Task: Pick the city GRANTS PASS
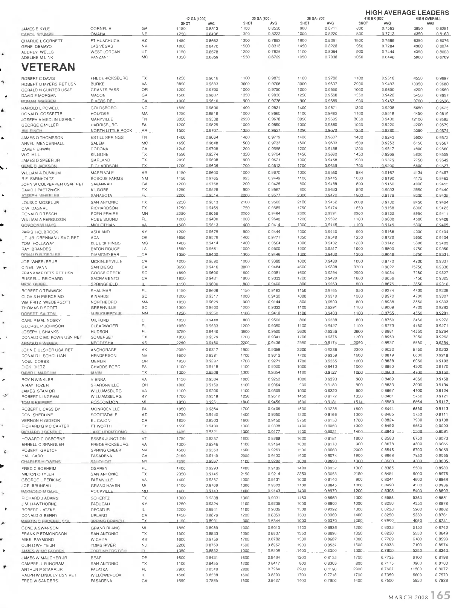(104, 90)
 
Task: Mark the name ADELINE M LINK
(37, 57)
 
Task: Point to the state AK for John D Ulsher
(144, 350)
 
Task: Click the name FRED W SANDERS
(40, 581)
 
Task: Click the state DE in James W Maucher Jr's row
(144, 558)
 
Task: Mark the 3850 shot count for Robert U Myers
(181, 84)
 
